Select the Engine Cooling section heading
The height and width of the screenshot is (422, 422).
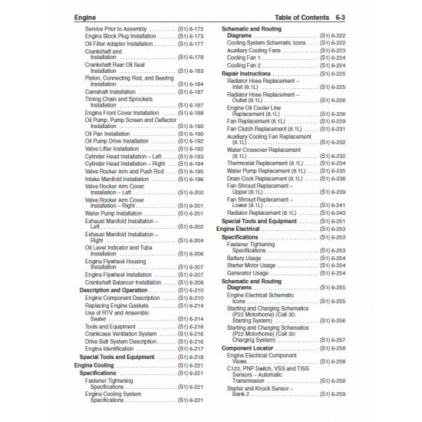pos(94,365)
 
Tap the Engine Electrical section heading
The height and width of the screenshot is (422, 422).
pos(239,229)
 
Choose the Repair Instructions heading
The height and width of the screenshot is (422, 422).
pos(246,73)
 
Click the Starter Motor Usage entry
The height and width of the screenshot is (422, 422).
pos(249,265)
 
